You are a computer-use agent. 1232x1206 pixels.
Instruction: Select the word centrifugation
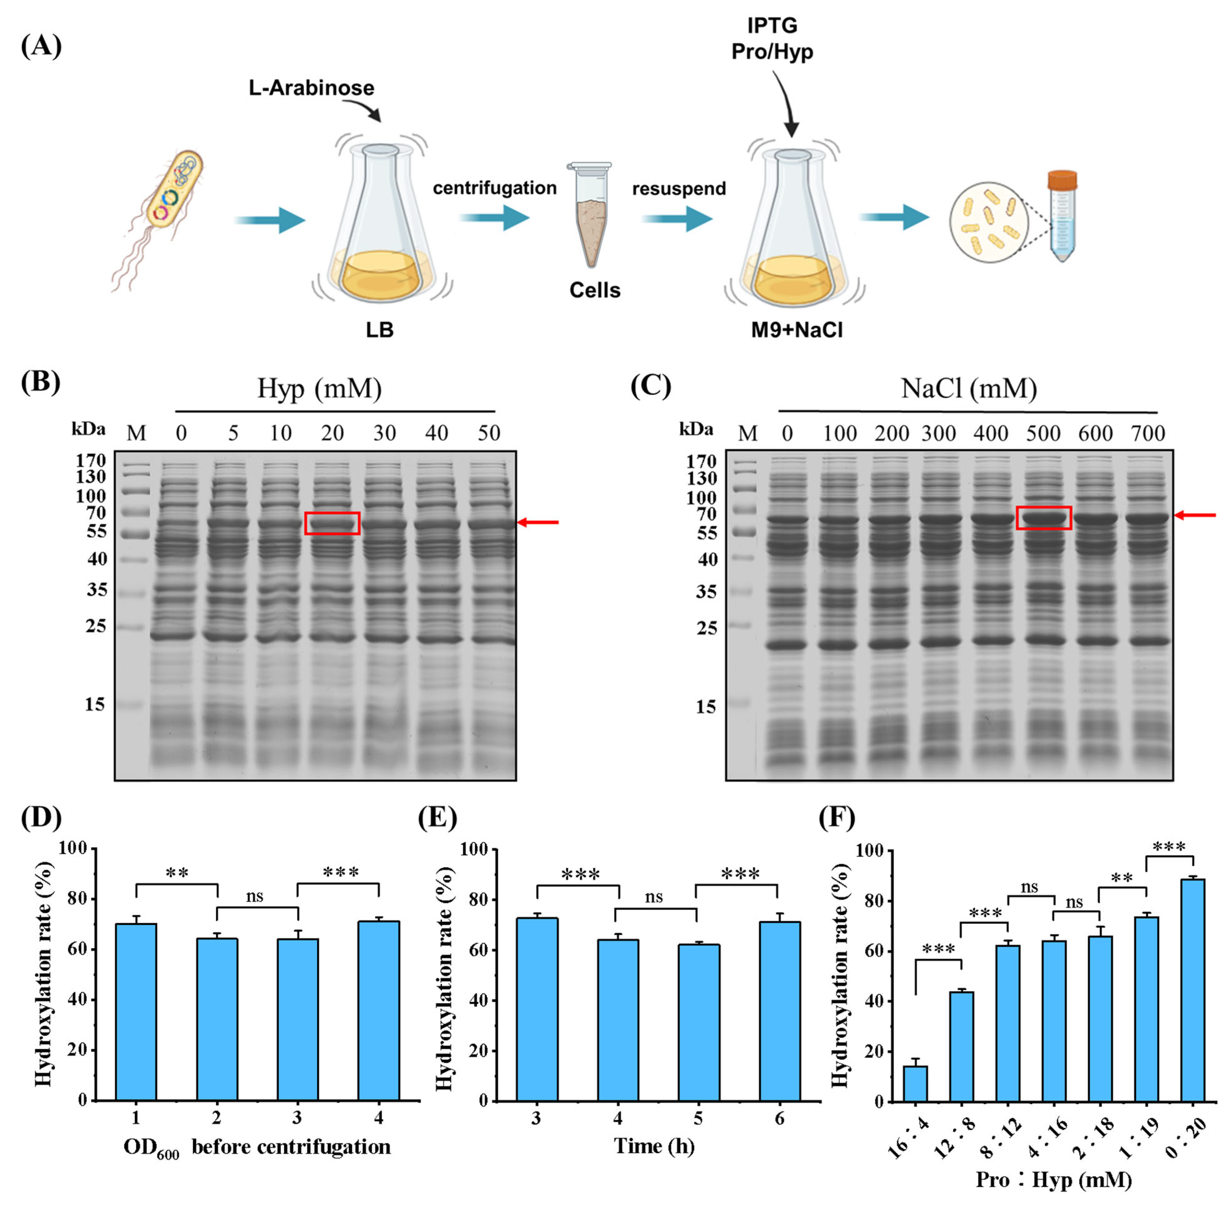[494, 188]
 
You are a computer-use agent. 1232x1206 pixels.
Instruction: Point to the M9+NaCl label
[797, 330]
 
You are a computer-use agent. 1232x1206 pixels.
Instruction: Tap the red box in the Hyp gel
[332, 523]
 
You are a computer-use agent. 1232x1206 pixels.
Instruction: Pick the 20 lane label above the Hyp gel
[332, 433]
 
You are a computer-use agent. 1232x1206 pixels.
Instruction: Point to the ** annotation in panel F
[1122, 879]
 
